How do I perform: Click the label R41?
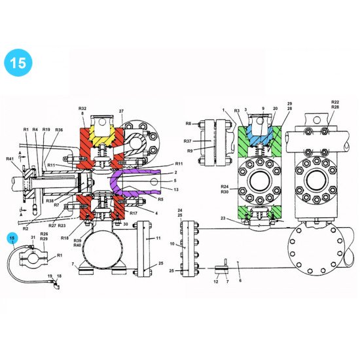[10, 159]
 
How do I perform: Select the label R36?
[59, 130]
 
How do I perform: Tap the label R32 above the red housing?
[82, 107]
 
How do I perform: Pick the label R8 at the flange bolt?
[189, 122]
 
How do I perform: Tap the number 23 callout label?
[224, 218]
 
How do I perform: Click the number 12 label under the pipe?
[217, 281]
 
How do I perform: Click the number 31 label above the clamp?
[33, 238]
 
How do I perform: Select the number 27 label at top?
[121, 112]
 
